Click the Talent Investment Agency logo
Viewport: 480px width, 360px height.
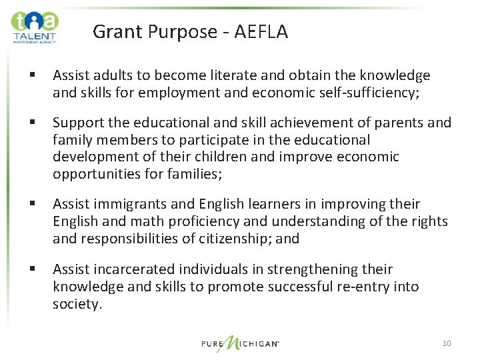point(35,27)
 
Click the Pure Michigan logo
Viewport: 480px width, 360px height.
point(241,344)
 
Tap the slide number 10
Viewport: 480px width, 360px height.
point(446,343)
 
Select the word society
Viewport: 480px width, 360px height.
point(77,304)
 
